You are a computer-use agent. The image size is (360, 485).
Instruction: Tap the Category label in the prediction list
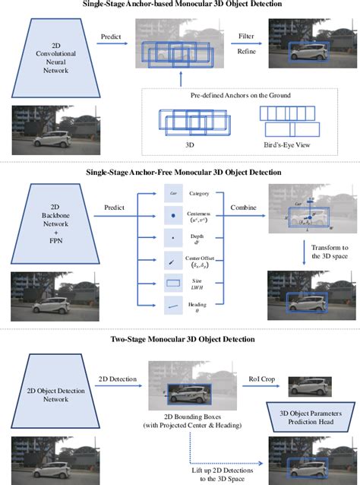[200, 194]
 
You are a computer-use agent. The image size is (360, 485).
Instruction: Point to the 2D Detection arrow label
[115, 376]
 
